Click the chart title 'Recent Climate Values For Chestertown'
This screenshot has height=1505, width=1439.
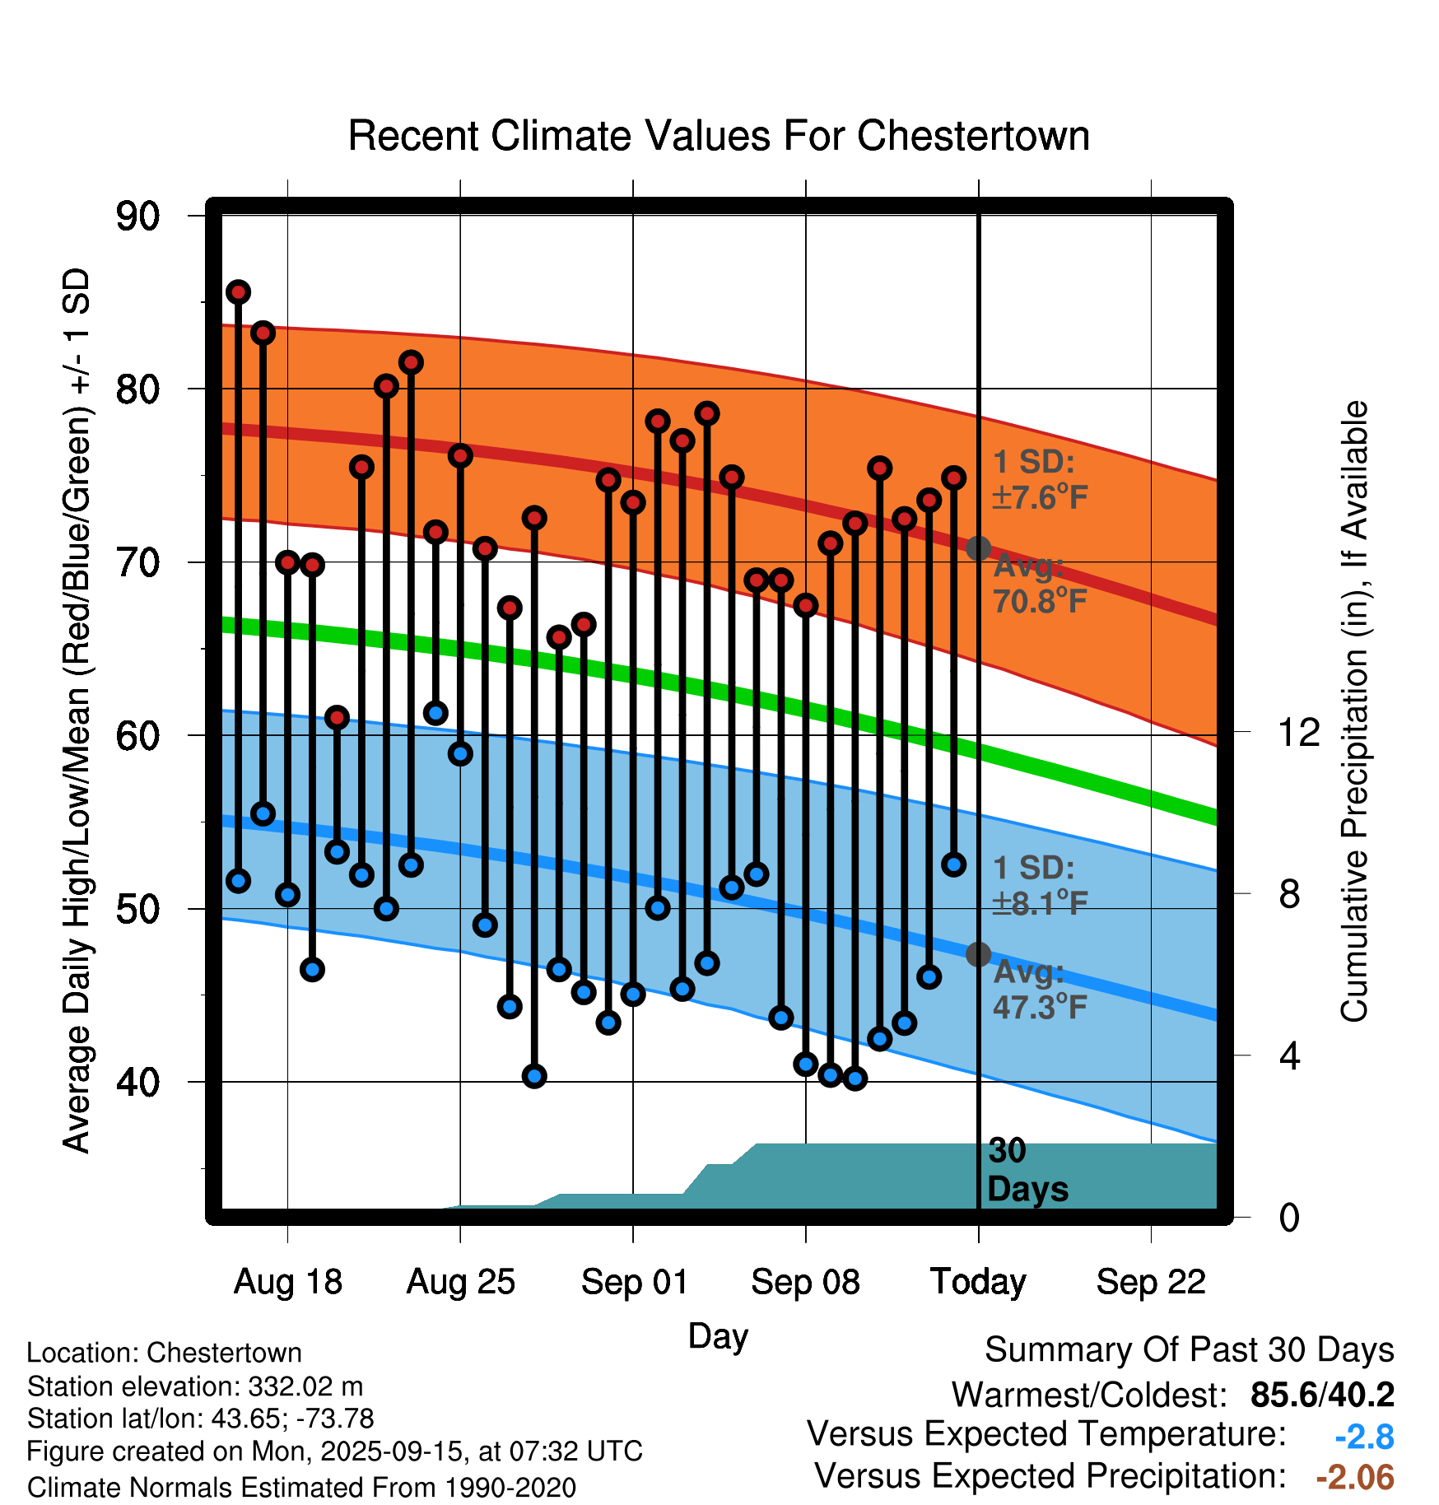click(719, 136)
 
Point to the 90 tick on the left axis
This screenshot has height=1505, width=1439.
click(137, 217)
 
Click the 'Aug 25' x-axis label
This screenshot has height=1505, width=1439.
click(460, 1282)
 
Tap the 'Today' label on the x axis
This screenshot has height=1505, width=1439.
click(978, 1282)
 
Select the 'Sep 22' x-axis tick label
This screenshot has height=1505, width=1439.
click(1150, 1282)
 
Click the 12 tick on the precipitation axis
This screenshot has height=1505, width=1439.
click(1298, 732)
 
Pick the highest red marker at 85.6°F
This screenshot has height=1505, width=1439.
click(238, 292)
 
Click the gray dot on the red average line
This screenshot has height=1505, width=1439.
click(978, 548)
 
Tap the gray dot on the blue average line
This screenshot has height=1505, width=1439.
click(978, 954)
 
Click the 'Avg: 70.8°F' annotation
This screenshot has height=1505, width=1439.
click(1039, 584)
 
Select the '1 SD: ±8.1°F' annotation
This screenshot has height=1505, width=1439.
click(1039, 886)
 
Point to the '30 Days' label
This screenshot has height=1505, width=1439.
click(1027, 1170)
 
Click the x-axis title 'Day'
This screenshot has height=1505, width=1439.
click(718, 1335)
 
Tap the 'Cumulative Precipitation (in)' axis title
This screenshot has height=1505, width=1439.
click(1354, 711)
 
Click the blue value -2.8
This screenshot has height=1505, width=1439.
click(1364, 1437)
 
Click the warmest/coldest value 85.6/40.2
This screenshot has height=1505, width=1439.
click(1322, 1395)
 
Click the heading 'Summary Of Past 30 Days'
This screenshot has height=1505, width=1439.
click(1189, 1350)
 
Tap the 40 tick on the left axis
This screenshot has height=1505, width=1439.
click(137, 1082)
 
